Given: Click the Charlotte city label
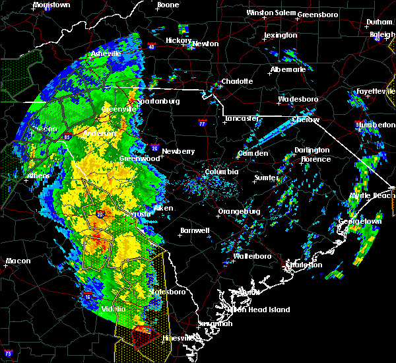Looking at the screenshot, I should pos(236,81).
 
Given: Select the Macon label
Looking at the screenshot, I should pos(18,261).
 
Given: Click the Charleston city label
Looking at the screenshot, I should pos(304,265).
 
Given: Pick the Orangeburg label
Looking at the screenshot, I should pos(239,211).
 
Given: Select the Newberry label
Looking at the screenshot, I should pos(178,150).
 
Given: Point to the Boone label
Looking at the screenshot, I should pos(168,5).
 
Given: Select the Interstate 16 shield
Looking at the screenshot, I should pos(88,296).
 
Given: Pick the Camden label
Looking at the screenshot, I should pos(253,153).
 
